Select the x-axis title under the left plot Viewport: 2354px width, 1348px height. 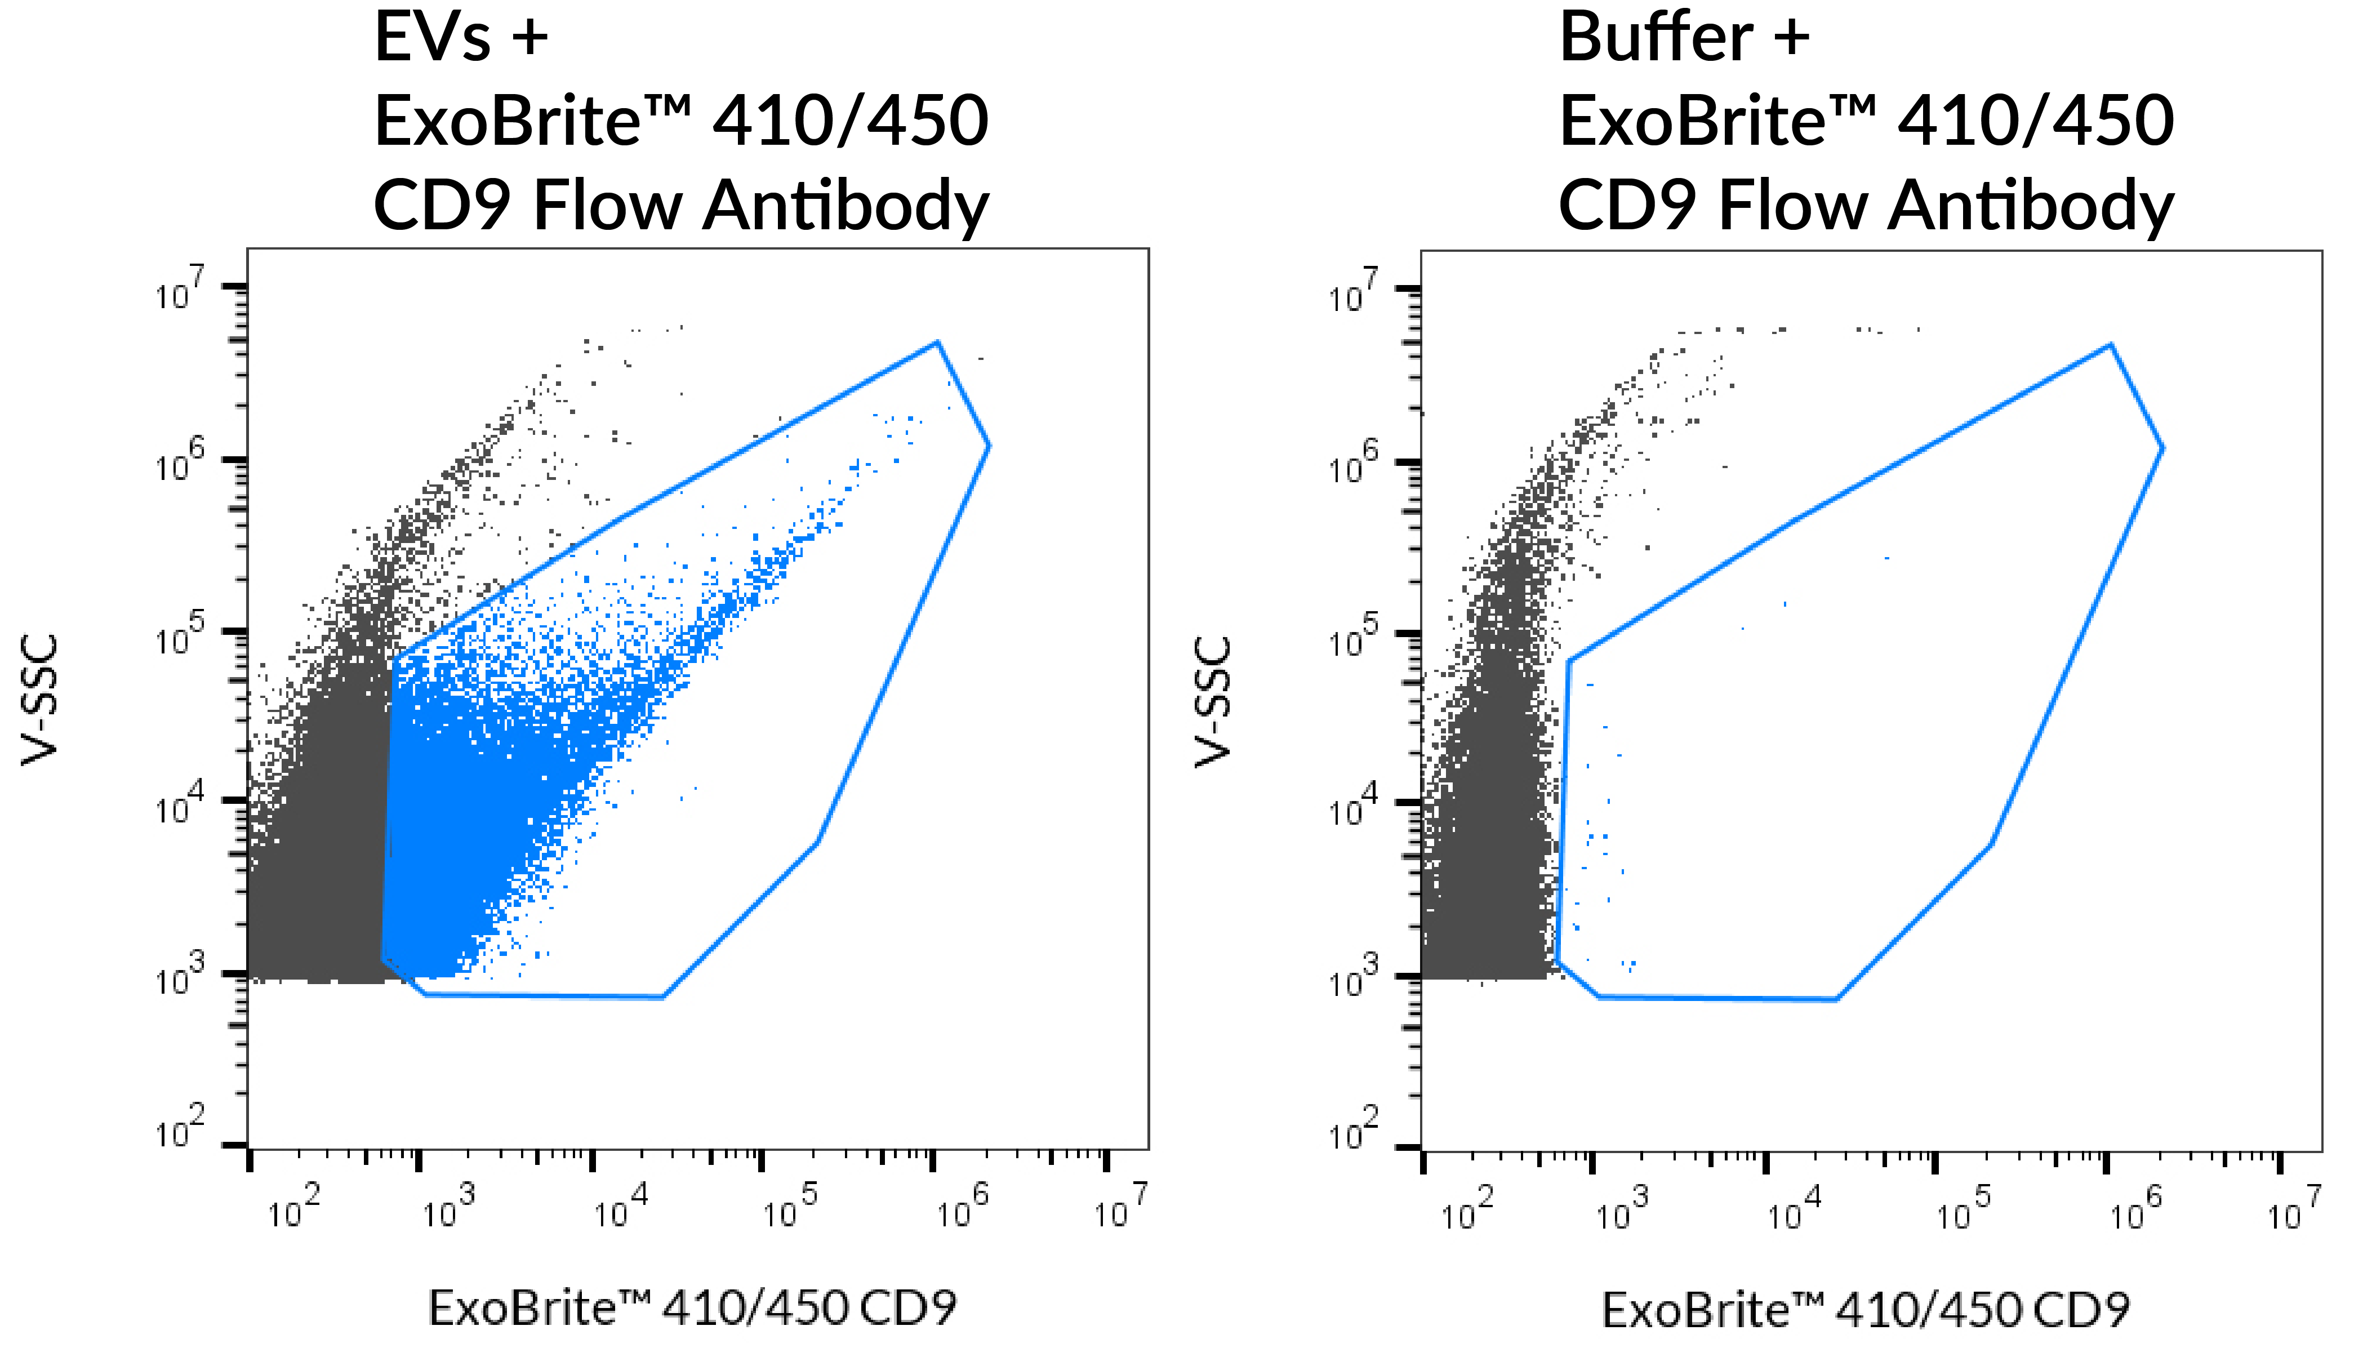pos(692,1307)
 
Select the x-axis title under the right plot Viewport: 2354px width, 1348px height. pos(1865,1309)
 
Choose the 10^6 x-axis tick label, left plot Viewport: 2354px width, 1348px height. pos(962,1207)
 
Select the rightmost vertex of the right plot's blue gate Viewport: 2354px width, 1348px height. pos(2162,448)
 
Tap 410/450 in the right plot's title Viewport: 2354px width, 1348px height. pos(2036,121)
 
